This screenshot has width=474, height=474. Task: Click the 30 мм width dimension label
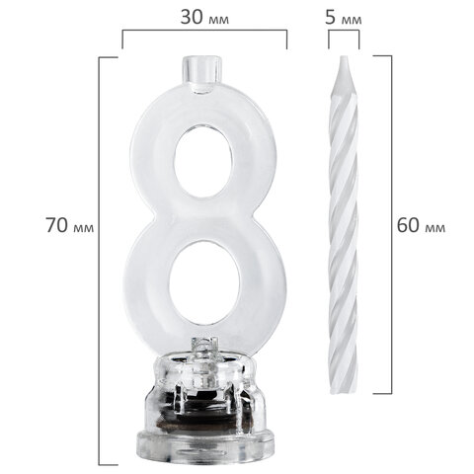coord(204,18)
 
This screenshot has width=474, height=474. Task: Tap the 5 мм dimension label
coord(344,18)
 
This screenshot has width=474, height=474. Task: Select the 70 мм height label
coord(70,225)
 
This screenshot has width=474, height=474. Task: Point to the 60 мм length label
coord(421,225)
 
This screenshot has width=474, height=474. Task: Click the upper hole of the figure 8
coord(205,162)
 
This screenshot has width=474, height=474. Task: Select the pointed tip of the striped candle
coord(344,59)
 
